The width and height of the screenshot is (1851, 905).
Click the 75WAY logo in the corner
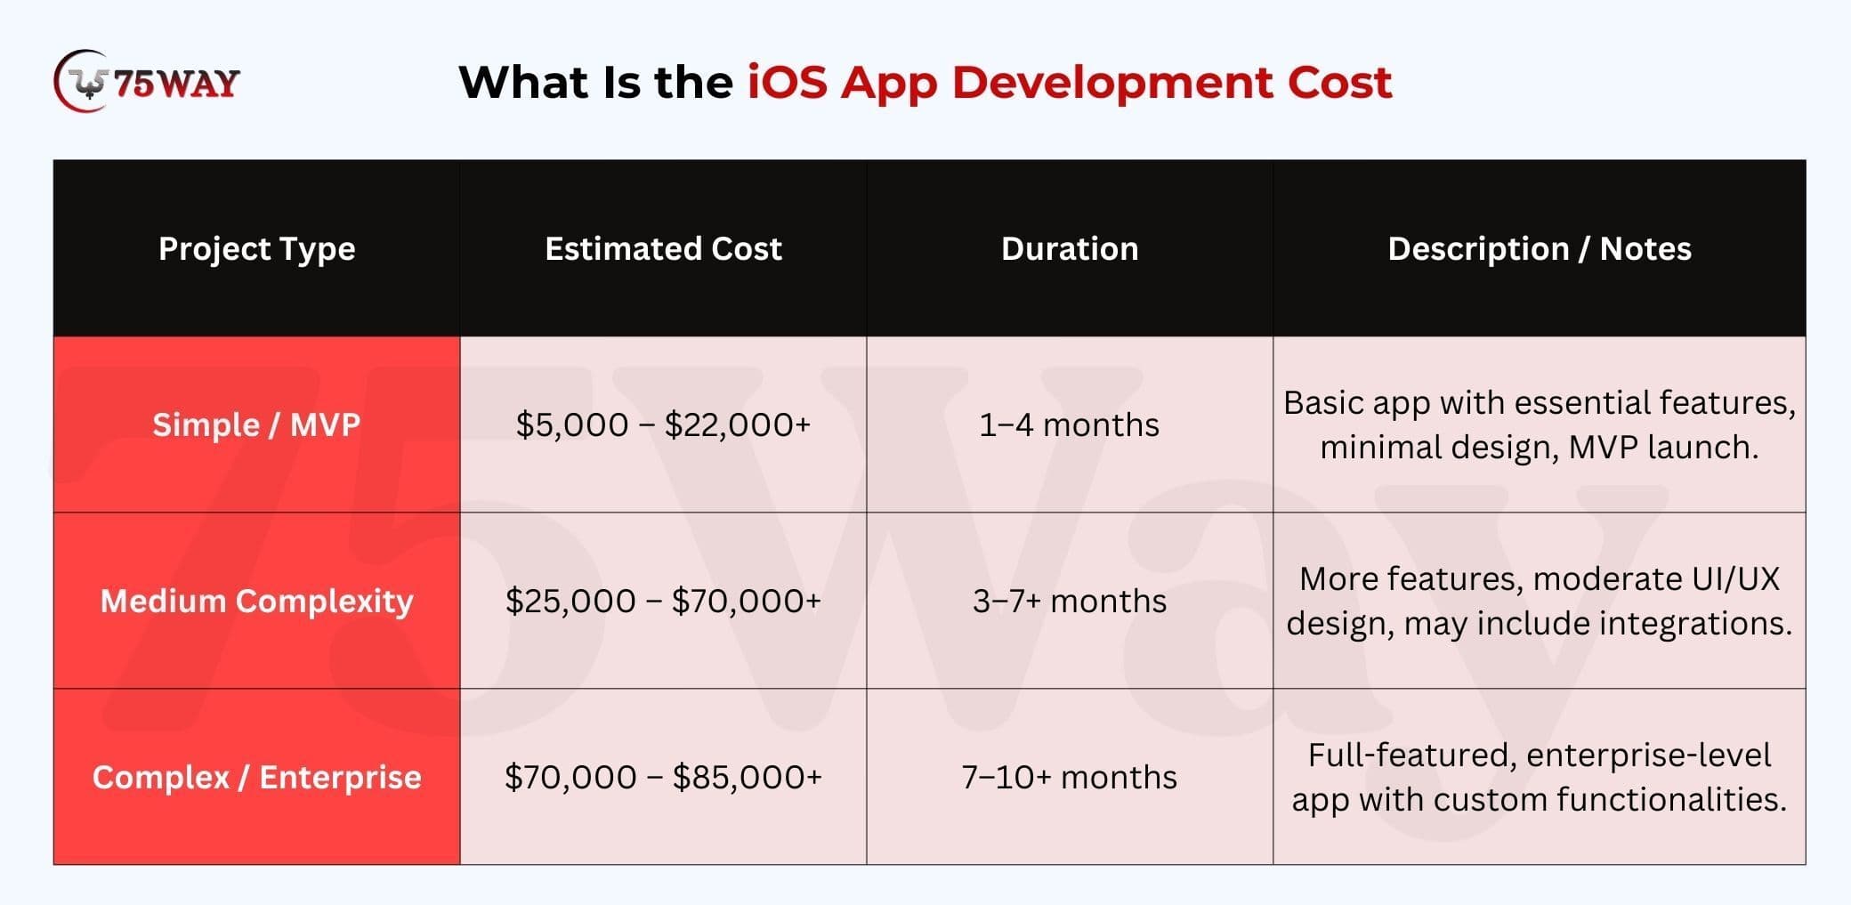[x=147, y=82]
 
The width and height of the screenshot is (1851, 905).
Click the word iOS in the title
[x=788, y=82]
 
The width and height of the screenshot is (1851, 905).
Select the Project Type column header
[x=256, y=249]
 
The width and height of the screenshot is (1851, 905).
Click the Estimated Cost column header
[x=663, y=248]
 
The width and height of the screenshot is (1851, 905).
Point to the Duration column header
[x=1070, y=248]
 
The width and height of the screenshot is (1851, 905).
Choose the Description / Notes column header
[x=1540, y=248]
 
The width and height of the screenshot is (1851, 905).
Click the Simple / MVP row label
[x=256, y=424]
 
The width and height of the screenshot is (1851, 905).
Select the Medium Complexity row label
[x=256, y=602]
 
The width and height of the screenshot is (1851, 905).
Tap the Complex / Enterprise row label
[x=256, y=778]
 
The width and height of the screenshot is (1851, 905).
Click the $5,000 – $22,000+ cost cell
[x=663, y=424]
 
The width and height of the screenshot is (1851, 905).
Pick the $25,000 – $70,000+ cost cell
[x=663, y=601]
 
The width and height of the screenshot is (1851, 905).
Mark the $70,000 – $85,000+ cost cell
[x=663, y=777]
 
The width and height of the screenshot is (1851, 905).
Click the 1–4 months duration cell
[x=1070, y=424]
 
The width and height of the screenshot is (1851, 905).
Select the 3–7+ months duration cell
[x=1070, y=601]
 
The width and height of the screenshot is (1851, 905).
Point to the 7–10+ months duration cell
[x=1070, y=777]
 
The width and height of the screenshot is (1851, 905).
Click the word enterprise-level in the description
[x=1649, y=756]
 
